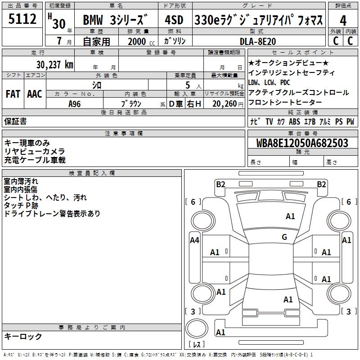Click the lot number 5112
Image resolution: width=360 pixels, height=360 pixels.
pos(22,20)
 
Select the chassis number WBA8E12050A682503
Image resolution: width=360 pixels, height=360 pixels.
pos(302,143)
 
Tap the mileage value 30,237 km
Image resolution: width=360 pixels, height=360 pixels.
pos(54,64)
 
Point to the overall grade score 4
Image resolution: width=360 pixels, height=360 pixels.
pos(343,20)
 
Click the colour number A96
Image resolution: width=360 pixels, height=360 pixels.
pos(75,103)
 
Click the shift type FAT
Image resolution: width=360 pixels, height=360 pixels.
pos(13,94)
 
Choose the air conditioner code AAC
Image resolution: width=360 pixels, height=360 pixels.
pos(34,94)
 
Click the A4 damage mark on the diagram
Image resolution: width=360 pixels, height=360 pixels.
pos(194,240)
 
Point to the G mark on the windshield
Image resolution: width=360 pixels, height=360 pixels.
pos(284,237)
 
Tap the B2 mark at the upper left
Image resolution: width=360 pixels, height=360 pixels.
pos(220,184)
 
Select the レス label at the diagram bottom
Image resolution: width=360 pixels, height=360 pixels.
pos(196,345)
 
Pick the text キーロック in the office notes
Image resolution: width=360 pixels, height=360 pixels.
pos(23,336)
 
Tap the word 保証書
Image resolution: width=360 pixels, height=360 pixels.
pos(15,121)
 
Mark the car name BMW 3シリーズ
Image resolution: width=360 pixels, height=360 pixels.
pos(115,20)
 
